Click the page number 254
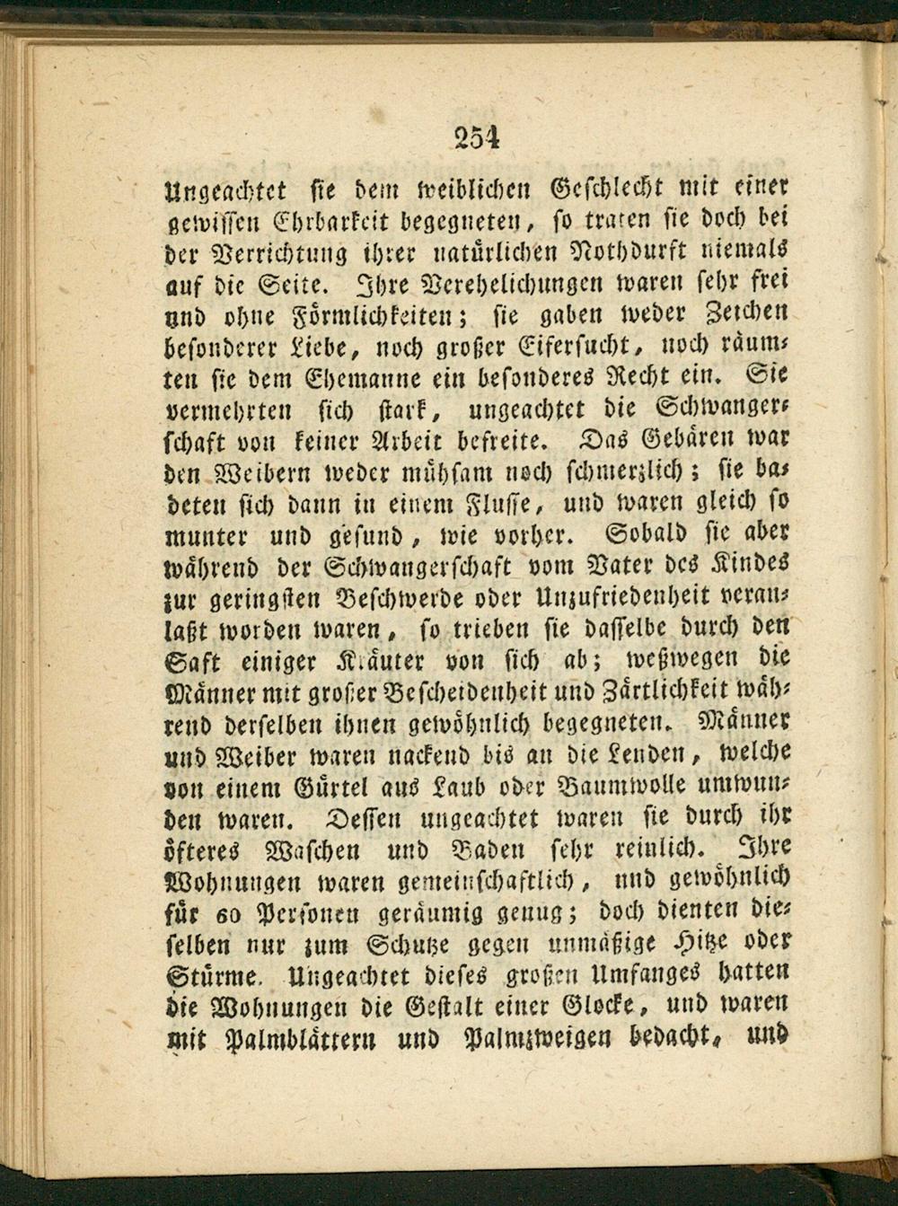pyautogui.click(x=476, y=136)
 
